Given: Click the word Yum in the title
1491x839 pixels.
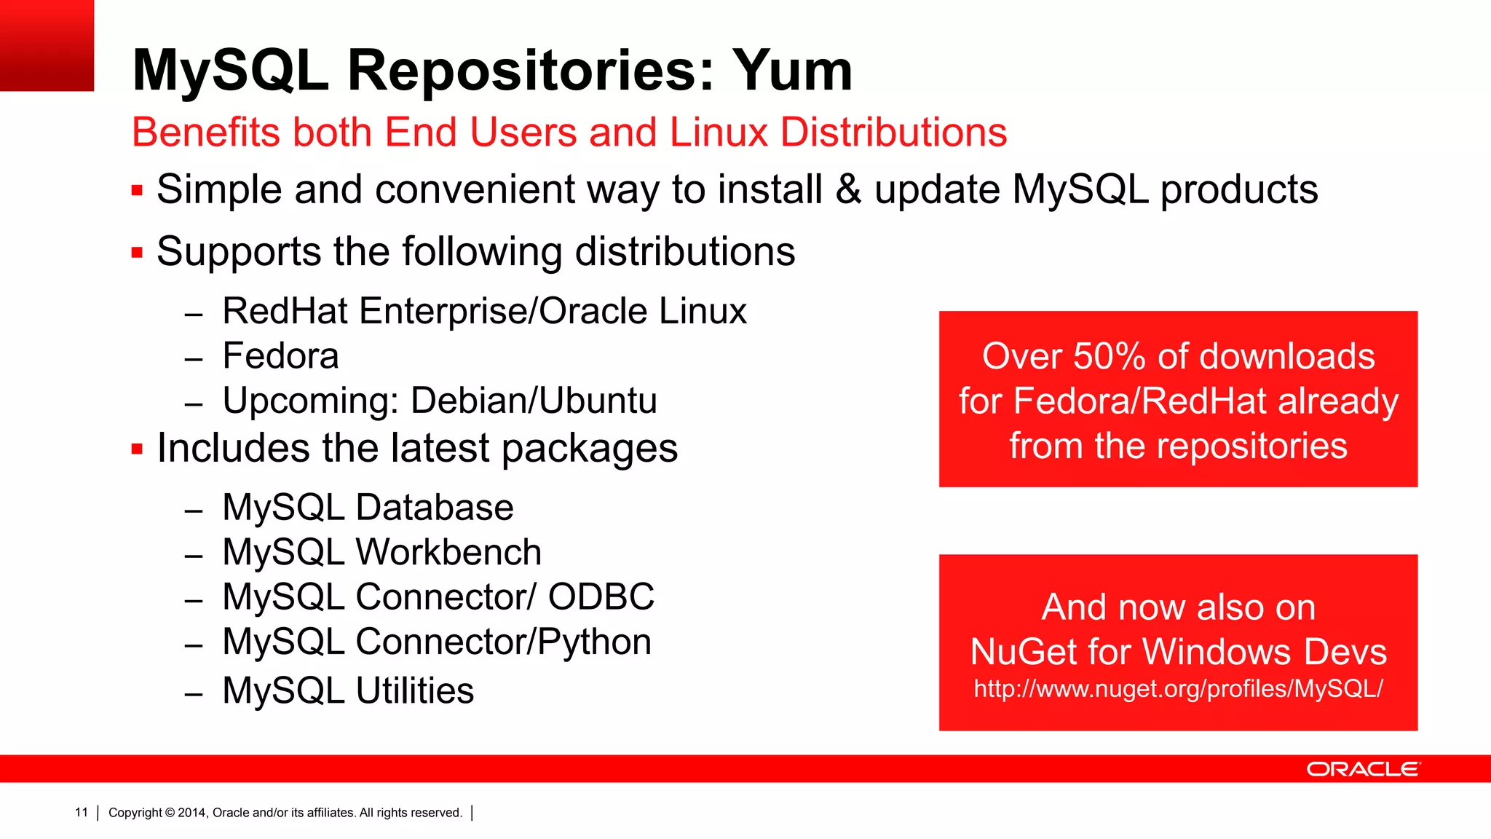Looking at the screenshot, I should click(x=792, y=71).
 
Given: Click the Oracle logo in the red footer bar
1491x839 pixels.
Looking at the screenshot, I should click(x=1362, y=769).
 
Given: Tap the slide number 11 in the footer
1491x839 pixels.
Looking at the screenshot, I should click(x=81, y=812).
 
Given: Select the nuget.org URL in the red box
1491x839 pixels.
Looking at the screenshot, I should click(x=1178, y=689).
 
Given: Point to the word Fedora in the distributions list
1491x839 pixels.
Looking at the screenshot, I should click(x=280, y=356).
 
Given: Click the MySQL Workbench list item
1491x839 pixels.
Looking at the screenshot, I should click(x=381, y=552).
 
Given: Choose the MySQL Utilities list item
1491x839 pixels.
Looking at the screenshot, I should click(x=348, y=690).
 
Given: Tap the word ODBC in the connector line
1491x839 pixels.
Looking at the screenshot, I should click(x=601, y=597).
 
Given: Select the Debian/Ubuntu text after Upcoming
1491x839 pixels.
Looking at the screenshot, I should click(x=534, y=401).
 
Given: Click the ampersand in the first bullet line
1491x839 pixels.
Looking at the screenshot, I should click(x=848, y=189).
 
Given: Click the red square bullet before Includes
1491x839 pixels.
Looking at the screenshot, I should click(x=137, y=449).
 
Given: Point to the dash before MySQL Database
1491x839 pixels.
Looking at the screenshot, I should click(x=193, y=511).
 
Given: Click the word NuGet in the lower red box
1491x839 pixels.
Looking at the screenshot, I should click(x=1024, y=652).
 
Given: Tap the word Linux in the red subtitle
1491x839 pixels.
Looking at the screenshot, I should click(x=719, y=133).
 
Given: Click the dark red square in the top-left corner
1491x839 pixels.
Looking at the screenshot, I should click(x=47, y=45).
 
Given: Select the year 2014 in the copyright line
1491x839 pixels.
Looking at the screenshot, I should click(x=192, y=813).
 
